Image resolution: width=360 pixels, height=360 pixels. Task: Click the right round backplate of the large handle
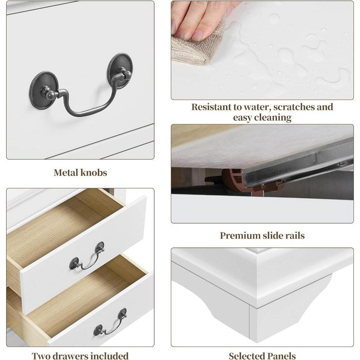point(121,67)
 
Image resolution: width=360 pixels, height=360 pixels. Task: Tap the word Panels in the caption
point(282,356)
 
